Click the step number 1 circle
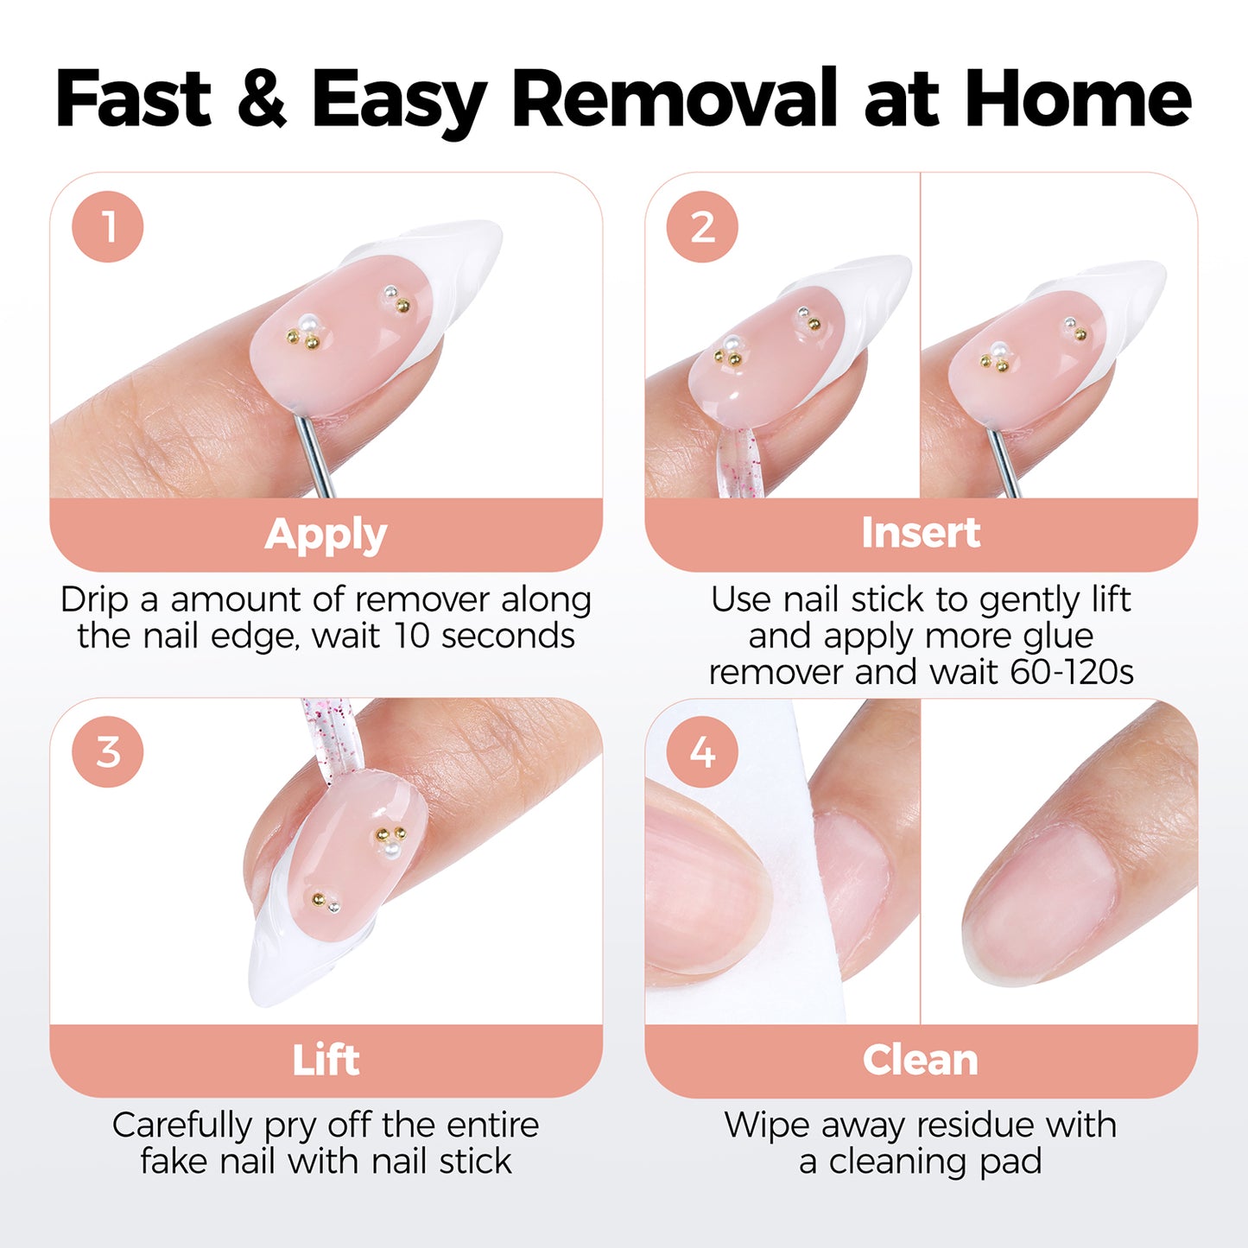(108, 227)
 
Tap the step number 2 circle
(702, 227)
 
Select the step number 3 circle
(108, 751)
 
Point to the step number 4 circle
(702, 751)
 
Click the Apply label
(326, 535)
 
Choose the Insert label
(921, 533)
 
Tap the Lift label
(326, 1060)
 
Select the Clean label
(921, 1060)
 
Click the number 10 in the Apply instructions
(411, 637)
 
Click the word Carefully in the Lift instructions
(182, 1125)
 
